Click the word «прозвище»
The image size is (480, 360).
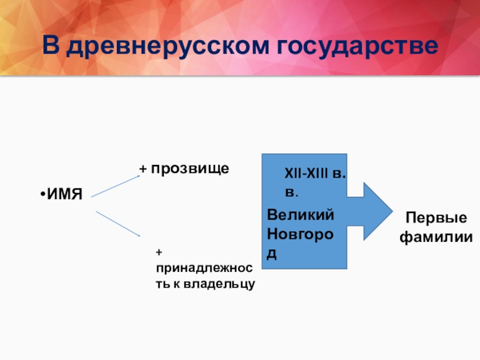coord(190,169)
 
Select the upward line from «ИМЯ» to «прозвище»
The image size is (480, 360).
coord(115,185)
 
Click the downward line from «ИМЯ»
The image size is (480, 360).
coord(118,223)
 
